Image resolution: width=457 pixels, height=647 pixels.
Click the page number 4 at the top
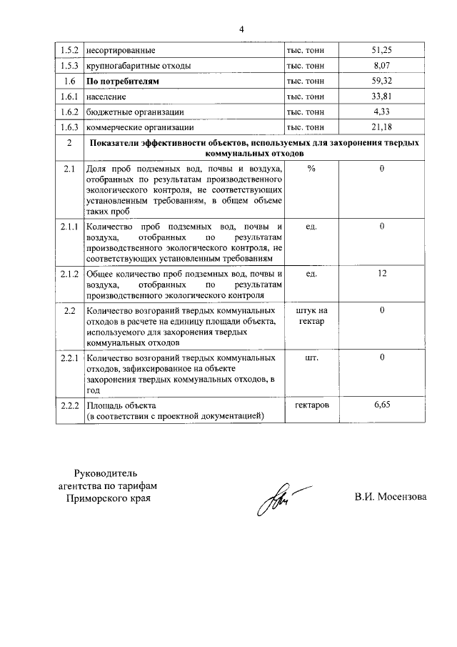tap(241, 29)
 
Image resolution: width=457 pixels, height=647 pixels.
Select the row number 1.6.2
tap(69, 112)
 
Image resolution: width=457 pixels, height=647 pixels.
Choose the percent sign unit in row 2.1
tap(311, 169)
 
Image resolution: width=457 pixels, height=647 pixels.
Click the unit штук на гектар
tap(311, 316)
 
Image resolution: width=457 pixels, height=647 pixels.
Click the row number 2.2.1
tap(69, 357)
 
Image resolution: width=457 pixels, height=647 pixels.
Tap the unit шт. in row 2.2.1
tap(311, 357)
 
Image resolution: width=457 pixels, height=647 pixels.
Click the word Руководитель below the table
tap(105, 473)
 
